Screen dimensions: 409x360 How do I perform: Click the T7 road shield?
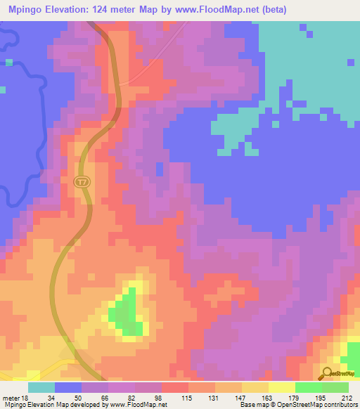coord(83,182)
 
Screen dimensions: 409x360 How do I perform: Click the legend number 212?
coord(347,398)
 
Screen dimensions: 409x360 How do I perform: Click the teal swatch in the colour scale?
coord(41,387)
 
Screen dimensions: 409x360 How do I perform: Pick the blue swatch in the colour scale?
coord(68,387)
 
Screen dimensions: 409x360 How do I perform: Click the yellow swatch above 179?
coord(281,387)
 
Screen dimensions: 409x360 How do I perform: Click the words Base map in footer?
coord(255,405)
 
